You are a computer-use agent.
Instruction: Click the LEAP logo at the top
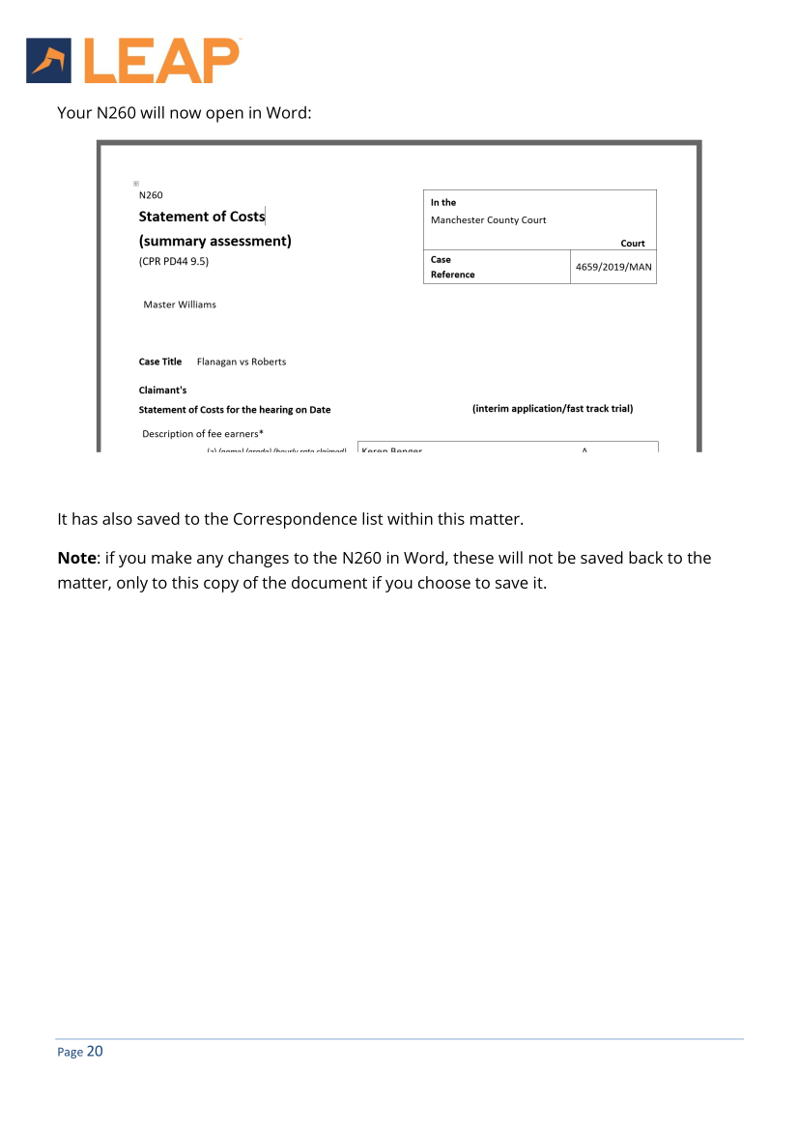(132, 61)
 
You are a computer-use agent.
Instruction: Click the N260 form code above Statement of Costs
(151, 195)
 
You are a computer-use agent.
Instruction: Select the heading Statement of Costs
(202, 217)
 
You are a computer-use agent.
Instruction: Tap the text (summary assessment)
(214, 241)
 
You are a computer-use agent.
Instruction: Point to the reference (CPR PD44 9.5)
(174, 261)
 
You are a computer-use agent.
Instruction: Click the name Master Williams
(180, 304)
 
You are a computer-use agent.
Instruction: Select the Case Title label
(160, 362)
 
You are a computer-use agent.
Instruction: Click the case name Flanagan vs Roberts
(242, 362)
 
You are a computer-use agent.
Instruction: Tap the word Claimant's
(163, 391)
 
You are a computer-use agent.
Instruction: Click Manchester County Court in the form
(488, 219)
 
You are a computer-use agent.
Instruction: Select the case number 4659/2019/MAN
(613, 267)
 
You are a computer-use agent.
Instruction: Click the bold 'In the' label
(443, 203)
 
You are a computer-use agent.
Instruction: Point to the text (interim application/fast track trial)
(553, 409)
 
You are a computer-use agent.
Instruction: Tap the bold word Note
(77, 559)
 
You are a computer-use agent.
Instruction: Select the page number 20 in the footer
(95, 1052)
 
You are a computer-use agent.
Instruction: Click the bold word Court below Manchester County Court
(633, 244)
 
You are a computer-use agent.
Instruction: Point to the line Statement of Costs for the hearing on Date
(235, 410)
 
